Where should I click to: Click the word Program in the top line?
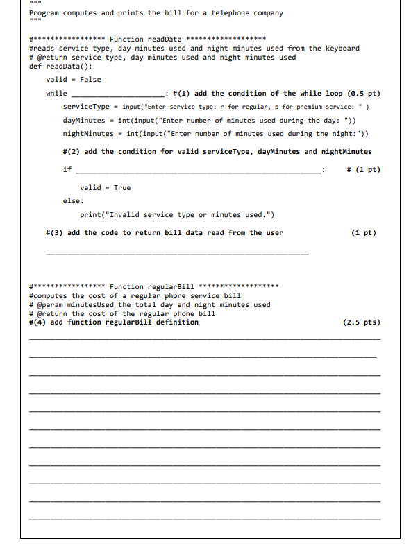(x=46, y=13)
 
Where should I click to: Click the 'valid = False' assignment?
(x=72, y=80)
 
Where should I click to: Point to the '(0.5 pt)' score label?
(x=363, y=93)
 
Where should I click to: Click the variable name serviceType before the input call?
(x=86, y=107)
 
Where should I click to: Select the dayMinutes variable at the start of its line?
(x=83, y=121)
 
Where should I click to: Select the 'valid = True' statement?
(x=105, y=188)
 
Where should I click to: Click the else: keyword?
(x=73, y=201)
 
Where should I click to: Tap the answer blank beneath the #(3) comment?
(x=176, y=254)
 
